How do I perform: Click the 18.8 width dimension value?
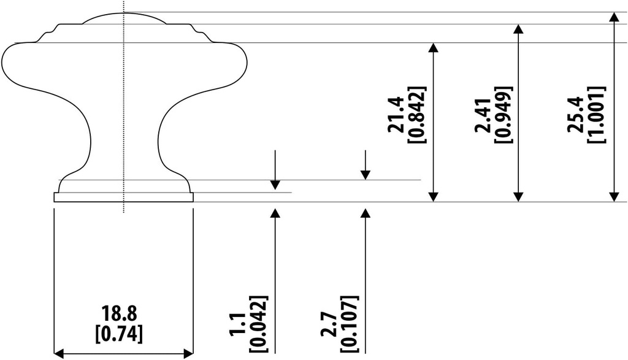tap(119, 315)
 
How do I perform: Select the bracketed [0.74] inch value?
tap(119, 333)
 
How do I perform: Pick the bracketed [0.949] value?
tap(504, 115)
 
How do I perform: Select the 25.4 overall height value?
tap(576, 115)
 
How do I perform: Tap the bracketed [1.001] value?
tap(596, 115)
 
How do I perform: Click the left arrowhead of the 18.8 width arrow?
tap(59, 353)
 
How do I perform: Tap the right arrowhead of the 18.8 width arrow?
tap(188, 353)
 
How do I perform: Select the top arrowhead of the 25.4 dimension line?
tap(613, 17)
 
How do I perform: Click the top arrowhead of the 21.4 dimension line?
tap(434, 48)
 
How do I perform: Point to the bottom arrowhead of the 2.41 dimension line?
tap(519, 196)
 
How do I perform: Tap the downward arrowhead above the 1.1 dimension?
tap(275, 185)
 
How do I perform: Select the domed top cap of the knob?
tap(124, 18)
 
